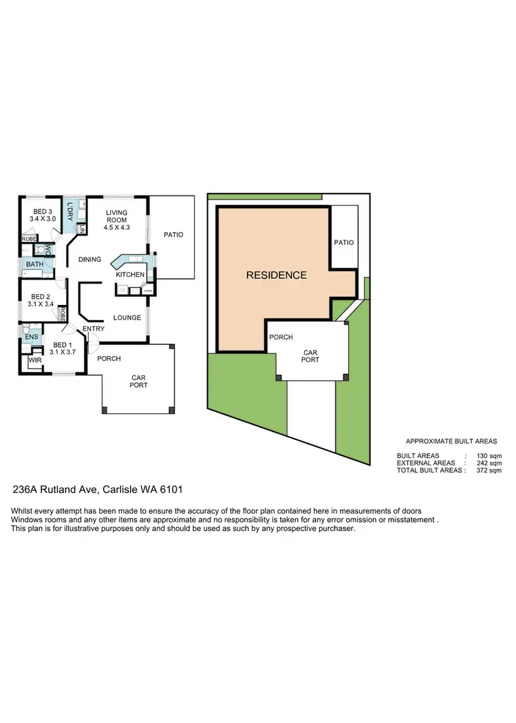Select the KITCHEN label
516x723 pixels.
pyautogui.click(x=130, y=275)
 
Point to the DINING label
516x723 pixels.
pyautogui.click(x=89, y=260)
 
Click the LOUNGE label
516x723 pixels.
pyautogui.click(x=127, y=317)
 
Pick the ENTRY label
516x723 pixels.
pyautogui.click(x=94, y=329)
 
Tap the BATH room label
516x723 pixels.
pyautogui.click(x=34, y=264)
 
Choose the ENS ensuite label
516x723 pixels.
pyautogui.click(x=32, y=337)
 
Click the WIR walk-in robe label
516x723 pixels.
pyautogui.click(x=34, y=359)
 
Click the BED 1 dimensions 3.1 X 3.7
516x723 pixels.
pyautogui.click(x=63, y=352)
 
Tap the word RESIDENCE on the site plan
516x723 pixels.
pyautogui.click(x=277, y=275)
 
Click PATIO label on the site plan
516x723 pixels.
pyautogui.click(x=343, y=242)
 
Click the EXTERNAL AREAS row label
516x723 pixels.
pyautogui.click(x=426, y=463)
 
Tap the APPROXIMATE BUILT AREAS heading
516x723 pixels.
pyautogui.click(x=451, y=441)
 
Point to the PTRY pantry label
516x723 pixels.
pyautogui.click(x=147, y=291)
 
